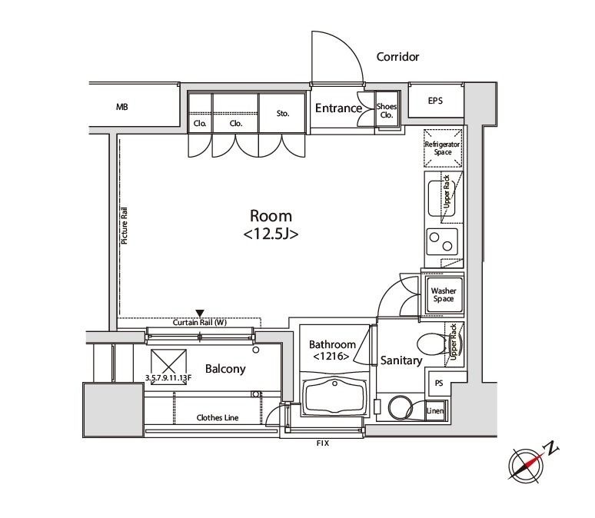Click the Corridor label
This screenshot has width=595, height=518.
pos(397,57)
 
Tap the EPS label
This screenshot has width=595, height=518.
pos(435,101)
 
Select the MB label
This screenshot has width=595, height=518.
pos(121,107)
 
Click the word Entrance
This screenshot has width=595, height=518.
pos(338,108)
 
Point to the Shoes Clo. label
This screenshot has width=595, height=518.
pos(387,111)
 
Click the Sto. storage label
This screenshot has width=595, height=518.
pos(283,114)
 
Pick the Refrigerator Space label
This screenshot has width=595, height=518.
pos(443,148)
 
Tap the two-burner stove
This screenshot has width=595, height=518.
pos(442,242)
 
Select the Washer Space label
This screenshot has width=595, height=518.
pos(444,295)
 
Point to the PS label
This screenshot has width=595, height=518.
pos(439,384)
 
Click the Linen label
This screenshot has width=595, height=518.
pos(435,410)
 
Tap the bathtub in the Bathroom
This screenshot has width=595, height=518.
pos(334,396)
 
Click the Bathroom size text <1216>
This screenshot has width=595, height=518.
pos(331,357)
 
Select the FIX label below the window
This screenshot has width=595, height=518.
pos(323,443)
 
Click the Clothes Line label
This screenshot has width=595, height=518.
pos(218,418)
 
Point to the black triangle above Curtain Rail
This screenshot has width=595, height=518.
pos(200,313)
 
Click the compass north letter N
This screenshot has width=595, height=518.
pos(552,448)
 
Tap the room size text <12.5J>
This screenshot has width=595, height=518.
pos(271,234)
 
